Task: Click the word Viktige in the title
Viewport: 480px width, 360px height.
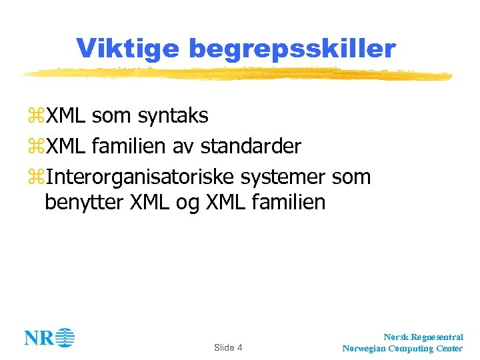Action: [x=127, y=48]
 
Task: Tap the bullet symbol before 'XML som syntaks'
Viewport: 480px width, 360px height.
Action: [x=35, y=117]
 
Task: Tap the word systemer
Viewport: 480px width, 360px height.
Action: [x=283, y=176]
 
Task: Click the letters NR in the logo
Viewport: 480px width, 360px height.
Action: [x=39, y=338]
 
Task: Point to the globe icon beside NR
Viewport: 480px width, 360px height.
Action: [x=65, y=337]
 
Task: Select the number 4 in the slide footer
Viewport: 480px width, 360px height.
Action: [x=239, y=347]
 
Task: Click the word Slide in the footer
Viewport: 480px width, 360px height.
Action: [x=224, y=347]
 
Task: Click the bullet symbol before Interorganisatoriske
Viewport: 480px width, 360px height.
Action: [x=35, y=176]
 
